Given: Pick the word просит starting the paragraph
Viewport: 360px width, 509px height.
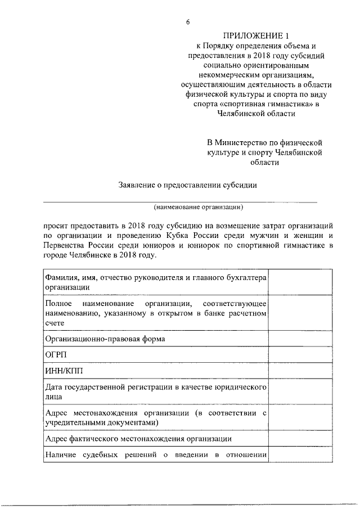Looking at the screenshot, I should pyautogui.click(x=56, y=224).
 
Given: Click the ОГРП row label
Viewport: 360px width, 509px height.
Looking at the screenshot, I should pyautogui.click(x=55, y=355).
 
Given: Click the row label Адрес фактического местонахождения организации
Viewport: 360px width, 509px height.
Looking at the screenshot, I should pyautogui.click(x=138, y=439).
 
